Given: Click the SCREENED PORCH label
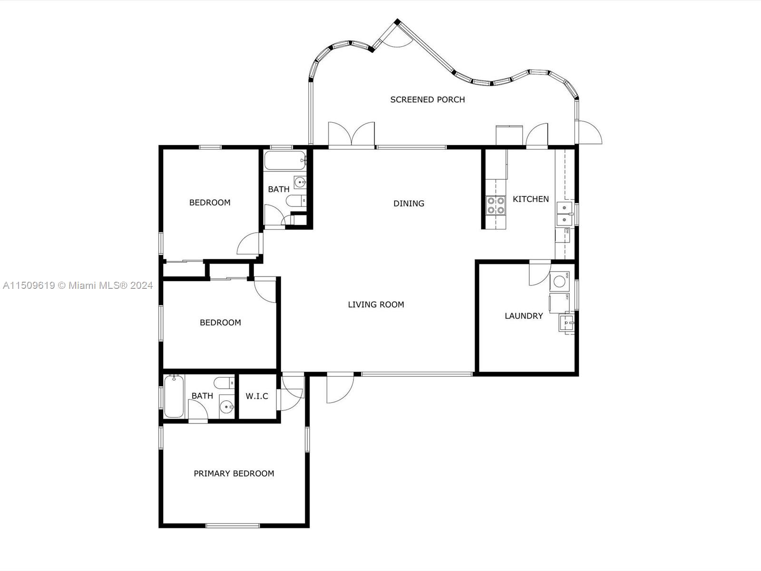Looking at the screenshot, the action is point(428,100).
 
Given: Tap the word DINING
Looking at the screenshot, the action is point(409,204).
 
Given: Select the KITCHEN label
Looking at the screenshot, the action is point(531,199).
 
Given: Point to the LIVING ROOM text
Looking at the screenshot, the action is point(376,305).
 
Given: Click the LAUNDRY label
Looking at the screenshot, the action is point(524,316).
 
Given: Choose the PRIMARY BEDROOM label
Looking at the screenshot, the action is point(234,473).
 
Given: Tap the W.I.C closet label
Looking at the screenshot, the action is point(257,396).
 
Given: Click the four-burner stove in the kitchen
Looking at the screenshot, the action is point(496,205).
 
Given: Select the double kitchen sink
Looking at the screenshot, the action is point(565,214).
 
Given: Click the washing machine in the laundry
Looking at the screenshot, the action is point(559,281).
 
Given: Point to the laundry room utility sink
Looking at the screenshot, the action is point(566,323).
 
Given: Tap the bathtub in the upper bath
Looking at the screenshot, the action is point(284,160).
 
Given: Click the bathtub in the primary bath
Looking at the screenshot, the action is point(174,397).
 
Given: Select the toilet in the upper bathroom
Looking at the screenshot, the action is point(296,201).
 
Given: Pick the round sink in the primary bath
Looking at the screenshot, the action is point(226,407).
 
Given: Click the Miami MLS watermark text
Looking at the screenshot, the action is point(78,285).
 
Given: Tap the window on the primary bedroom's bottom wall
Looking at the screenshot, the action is point(233,526).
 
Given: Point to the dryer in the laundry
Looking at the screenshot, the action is point(559,303).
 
